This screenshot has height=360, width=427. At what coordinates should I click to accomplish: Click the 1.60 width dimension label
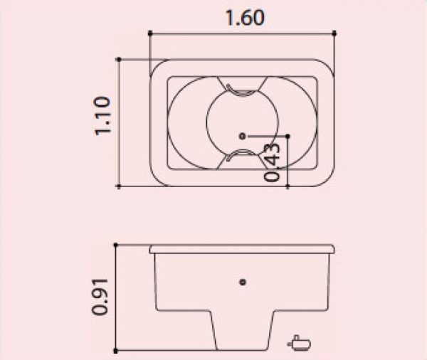tap(245, 18)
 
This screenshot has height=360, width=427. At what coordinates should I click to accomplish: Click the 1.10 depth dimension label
tap(103, 115)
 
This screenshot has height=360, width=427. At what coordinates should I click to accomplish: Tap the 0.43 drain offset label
tap(272, 162)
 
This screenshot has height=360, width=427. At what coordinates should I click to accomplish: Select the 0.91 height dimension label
tap(100, 297)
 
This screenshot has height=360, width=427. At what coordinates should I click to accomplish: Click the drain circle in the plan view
tap(242, 136)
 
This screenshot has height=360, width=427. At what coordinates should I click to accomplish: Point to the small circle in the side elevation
tap(243, 282)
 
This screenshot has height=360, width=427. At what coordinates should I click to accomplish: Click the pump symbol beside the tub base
tap(299, 343)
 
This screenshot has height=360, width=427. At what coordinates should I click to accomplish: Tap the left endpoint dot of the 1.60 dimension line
tap(150, 33)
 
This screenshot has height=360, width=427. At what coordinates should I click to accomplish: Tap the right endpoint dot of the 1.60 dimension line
tap(334, 33)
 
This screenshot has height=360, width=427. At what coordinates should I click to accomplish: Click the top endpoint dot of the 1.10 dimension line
tap(119, 59)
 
